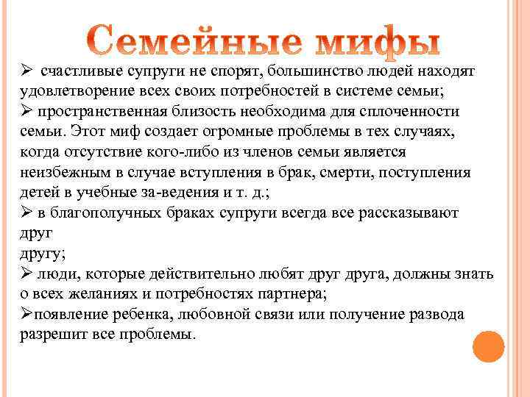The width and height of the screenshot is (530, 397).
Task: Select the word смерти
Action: click(312, 171)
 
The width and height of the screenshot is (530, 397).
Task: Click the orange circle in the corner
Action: click(487, 346)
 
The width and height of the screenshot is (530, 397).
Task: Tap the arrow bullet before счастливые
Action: click(26, 72)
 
